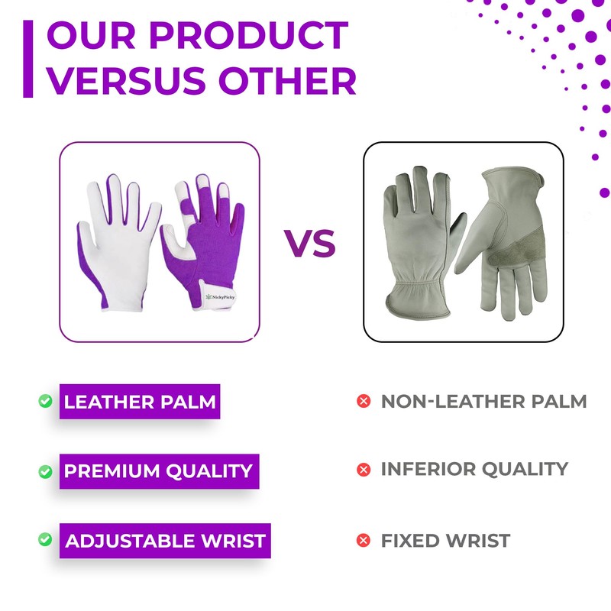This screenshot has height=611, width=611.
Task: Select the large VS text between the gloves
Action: pyautogui.click(x=310, y=243)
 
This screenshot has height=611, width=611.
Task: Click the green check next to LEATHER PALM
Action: pyautogui.click(x=45, y=401)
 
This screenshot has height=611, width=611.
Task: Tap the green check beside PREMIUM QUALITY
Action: pyautogui.click(x=45, y=471)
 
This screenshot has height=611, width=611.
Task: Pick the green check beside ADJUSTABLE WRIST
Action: pyautogui.click(x=45, y=540)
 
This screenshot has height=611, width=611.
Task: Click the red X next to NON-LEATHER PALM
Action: pyautogui.click(x=364, y=401)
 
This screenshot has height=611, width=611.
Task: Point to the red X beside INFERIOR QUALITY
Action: pyautogui.click(x=364, y=469)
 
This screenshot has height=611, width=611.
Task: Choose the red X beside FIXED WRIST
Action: pyautogui.click(x=364, y=541)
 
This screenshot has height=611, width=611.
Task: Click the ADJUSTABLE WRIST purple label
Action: pyautogui.click(x=165, y=541)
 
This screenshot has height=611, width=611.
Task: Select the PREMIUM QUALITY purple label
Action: pyautogui.click(x=158, y=471)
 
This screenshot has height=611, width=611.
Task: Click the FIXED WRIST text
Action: pyautogui.click(x=445, y=541)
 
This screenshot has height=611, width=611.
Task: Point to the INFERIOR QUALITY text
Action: pyautogui.click(x=474, y=468)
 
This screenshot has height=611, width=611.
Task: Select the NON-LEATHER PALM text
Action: pyautogui.click(x=483, y=401)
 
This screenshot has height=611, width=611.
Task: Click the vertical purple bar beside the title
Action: pyautogui.click(x=28, y=59)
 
